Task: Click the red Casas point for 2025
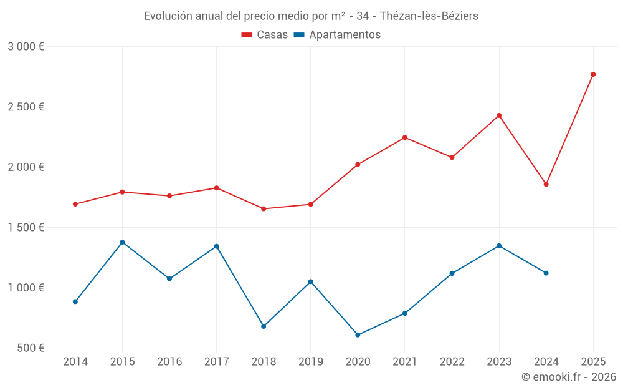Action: [593, 74]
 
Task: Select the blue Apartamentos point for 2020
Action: [358, 335]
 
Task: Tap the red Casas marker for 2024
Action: [546, 184]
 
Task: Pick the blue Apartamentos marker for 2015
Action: [122, 242]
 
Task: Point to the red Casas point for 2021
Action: [405, 137]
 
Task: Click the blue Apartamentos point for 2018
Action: [264, 326]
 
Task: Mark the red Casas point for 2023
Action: [499, 115]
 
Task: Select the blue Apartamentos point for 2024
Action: [546, 273]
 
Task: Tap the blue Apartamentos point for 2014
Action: [75, 301]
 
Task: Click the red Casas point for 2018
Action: [264, 208]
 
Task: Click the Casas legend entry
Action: [265, 35]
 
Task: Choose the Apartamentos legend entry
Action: [338, 35]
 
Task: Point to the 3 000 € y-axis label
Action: [26, 47]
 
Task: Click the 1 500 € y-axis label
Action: [26, 228]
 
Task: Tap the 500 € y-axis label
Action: [31, 348]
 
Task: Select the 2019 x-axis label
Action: [310, 362]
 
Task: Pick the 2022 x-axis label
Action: [452, 362]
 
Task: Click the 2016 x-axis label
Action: [169, 362]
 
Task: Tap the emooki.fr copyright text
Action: [569, 377]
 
